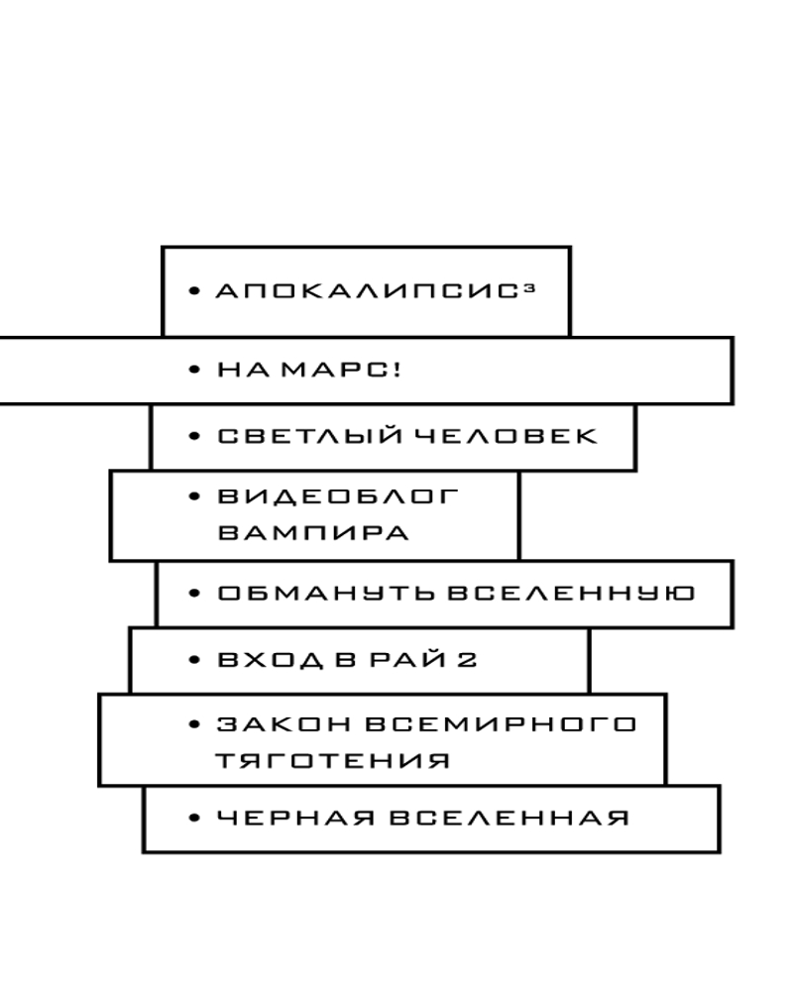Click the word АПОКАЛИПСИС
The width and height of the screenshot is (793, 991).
pos(367,291)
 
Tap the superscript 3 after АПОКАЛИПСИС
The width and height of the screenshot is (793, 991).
pos(529,288)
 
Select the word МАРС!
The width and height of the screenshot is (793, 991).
pos(341,370)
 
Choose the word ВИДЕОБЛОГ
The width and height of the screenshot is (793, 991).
pos(338,496)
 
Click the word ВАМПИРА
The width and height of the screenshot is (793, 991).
pos(313,533)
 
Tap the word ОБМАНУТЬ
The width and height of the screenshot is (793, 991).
pos(326,594)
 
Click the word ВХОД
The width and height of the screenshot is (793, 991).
pos(271,660)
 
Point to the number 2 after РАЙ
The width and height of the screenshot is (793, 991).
pos(467,660)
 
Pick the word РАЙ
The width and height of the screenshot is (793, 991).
pos(407,659)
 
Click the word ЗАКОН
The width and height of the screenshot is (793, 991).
pos(283,724)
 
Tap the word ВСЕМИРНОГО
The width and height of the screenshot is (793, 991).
pos(501,724)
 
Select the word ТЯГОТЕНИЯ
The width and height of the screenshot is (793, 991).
pos(333,760)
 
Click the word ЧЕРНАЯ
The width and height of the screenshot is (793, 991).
pos(295,819)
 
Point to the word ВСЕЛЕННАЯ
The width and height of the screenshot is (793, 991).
pos(510,819)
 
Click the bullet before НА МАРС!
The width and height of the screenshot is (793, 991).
pos(194,370)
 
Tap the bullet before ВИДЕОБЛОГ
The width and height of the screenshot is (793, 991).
pos(194,496)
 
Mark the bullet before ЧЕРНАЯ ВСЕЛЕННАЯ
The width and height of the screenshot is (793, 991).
pos(194,819)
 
